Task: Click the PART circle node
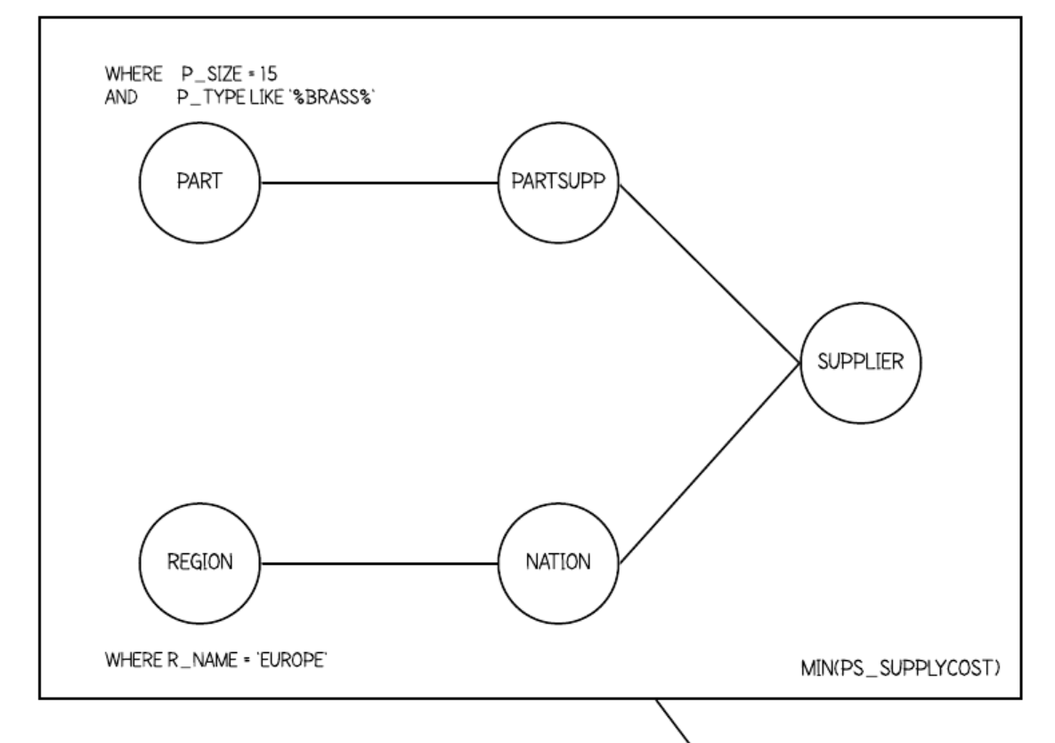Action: [199, 183]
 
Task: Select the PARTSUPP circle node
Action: [558, 183]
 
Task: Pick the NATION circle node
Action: [558, 563]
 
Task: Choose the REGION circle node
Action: [199, 563]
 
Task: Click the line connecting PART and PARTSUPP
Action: [378, 183]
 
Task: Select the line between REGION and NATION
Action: [378, 563]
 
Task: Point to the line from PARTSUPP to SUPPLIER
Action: [708, 274]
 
